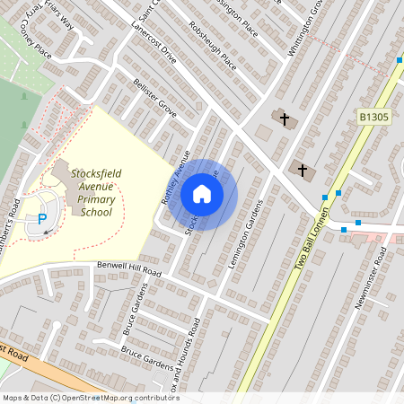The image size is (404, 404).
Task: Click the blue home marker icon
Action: [202, 194]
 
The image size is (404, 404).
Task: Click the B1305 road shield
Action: [373, 117]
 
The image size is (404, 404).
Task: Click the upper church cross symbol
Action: [284, 119]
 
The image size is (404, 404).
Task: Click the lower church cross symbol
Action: [303, 169]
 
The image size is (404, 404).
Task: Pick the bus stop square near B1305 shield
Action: [400, 60]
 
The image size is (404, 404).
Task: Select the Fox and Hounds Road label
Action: [183, 364]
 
